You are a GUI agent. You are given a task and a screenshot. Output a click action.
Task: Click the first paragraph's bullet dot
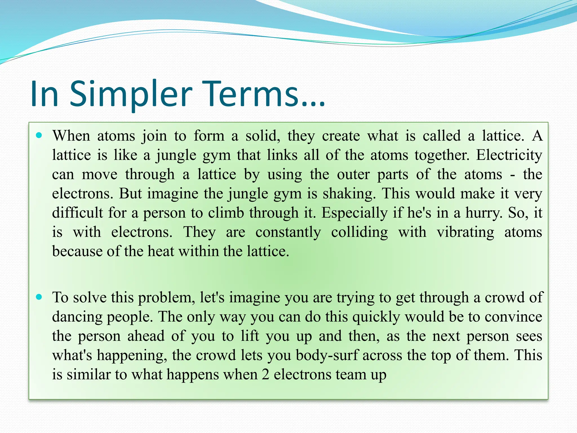click(x=39, y=135)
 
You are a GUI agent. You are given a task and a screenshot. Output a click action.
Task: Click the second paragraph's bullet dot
click(x=39, y=297)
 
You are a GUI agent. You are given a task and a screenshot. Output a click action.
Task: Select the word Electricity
click(x=509, y=155)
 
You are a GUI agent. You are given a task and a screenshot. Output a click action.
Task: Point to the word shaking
click(x=349, y=194)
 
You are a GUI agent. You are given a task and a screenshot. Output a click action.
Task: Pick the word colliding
click(x=359, y=232)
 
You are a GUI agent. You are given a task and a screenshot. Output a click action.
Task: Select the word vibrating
click(x=465, y=232)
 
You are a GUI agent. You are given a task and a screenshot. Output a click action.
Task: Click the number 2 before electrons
click(x=265, y=375)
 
